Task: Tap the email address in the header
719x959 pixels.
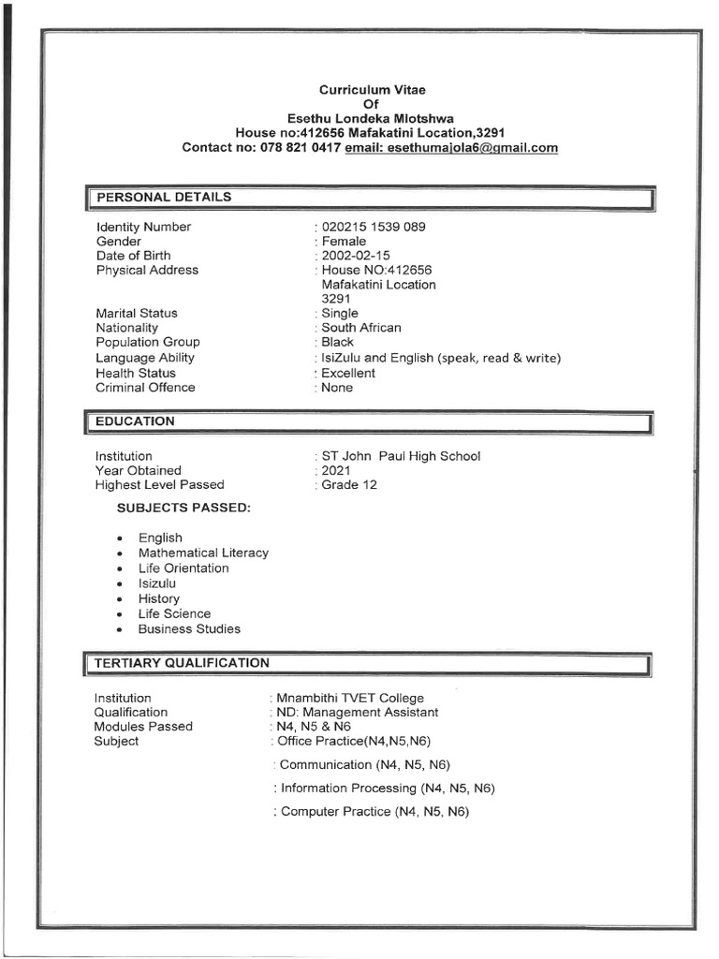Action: coord(451,148)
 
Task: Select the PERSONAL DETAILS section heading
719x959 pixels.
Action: coord(164,198)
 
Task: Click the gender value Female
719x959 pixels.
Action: coord(344,242)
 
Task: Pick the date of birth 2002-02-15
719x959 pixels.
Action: coord(356,256)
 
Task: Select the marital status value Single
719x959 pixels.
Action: coord(340,313)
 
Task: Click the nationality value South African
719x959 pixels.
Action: coord(360,328)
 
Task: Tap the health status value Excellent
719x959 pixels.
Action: coord(348,373)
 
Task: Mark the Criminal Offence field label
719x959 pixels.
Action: coord(145,388)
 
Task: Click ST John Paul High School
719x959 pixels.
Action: coord(401,456)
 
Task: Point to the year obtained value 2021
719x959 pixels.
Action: coord(337,470)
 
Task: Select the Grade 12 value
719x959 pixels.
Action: coord(349,485)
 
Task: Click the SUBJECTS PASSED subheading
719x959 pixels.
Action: coord(183,508)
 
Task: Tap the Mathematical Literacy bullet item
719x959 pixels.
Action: coord(203,553)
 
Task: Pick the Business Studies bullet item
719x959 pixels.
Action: coord(189,629)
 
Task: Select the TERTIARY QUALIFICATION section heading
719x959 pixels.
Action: coord(182,663)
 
